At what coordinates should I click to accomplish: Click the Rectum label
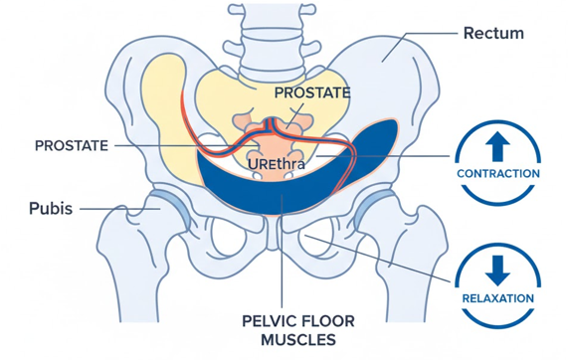coord(493,34)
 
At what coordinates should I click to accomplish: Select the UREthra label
coord(277,162)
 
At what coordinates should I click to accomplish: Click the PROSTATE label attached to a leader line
coord(71,145)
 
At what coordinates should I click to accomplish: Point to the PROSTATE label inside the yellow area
coord(312,92)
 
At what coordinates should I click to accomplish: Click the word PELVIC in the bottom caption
coord(268,321)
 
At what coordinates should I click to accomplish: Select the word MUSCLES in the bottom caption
coord(295,340)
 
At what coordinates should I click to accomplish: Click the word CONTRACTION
coord(498,173)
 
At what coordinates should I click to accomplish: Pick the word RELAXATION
coord(498,297)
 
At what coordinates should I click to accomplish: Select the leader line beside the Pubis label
coord(104,209)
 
